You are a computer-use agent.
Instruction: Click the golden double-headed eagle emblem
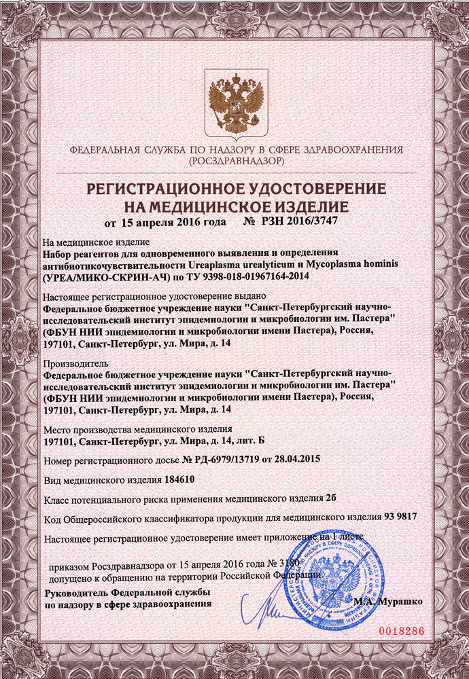(234, 101)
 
